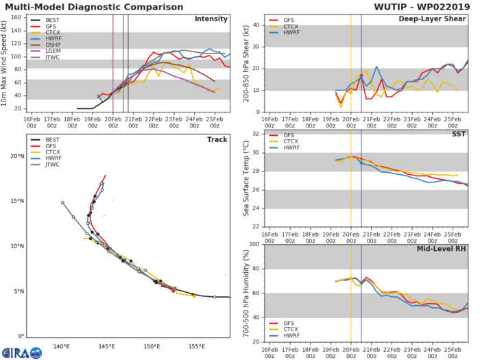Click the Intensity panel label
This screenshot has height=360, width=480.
[211, 19]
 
